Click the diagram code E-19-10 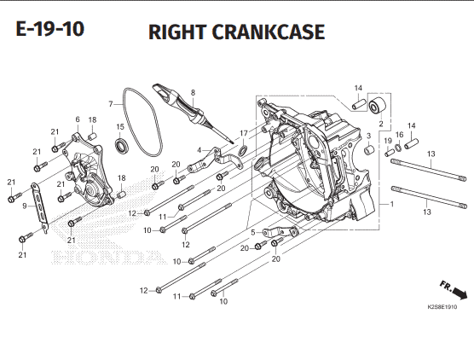tap(50, 29)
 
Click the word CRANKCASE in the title tap(269, 32)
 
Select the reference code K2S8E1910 tap(442, 307)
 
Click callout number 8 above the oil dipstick tap(194, 93)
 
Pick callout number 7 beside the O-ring tap(111, 104)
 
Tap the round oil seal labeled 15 tap(123, 145)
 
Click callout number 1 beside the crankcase tap(392, 204)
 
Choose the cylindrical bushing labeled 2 tap(378, 107)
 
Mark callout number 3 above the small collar tap(368, 136)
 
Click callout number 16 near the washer tap(399, 135)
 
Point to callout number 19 tap(388, 141)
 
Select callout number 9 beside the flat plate tap(25, 206)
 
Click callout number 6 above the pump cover tap(78, 119)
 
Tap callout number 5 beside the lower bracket tap(253, 232)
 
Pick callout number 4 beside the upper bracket tap(199, 150)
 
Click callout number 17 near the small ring tap(244, 133)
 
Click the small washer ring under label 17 tap(243, 150)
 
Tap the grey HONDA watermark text tap(109, 258)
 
